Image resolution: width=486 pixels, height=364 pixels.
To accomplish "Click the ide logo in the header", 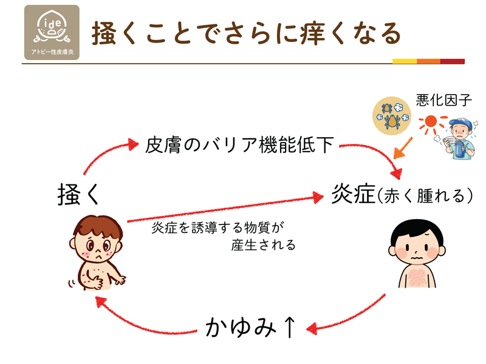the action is (x=52, y=32).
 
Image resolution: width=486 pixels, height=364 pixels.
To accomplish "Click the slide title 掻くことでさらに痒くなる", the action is (x=247, y=33).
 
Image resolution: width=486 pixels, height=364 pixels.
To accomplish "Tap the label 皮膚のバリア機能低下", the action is (x=239, y=144).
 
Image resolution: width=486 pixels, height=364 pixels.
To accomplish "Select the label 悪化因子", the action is (x=443, y=100).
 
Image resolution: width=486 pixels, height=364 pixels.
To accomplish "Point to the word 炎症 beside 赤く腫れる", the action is (x=353, y=194).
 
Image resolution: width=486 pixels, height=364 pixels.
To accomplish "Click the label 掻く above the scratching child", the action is (x=78, y=194).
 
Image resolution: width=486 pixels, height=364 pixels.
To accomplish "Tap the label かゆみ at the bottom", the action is (x=241, y=327).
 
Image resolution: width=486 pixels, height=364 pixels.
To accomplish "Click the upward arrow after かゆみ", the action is (x=289, y=327).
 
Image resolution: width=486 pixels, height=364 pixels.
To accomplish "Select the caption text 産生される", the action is (x=263, y=245).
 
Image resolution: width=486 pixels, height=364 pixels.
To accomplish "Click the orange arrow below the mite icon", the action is (x=403, y=148).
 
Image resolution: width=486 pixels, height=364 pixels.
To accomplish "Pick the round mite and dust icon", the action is (x=391, y=116).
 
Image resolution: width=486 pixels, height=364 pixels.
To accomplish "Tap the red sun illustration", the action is (x=431, y=123).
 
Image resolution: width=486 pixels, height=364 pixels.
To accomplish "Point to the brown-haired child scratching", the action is (x=97, y=253).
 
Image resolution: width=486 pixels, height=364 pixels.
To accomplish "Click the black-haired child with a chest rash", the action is (x=417, y=254).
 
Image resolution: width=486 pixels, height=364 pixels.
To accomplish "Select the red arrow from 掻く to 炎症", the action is (x=225, y=208).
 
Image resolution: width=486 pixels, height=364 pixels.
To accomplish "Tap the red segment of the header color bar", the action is (x=452, y=61).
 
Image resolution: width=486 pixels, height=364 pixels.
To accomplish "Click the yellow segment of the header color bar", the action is (x=405, y=61).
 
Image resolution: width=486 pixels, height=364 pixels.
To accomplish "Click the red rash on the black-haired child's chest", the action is (x=417, y=277).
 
